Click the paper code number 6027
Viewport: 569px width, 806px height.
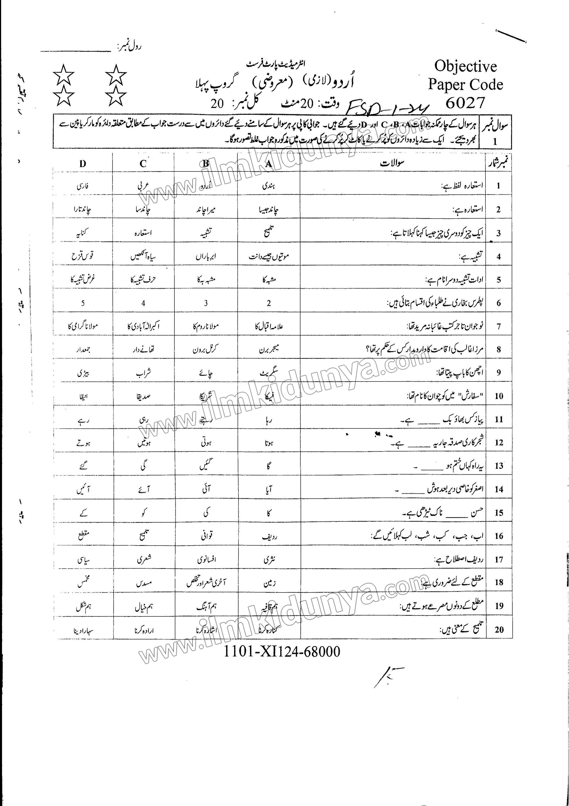pos(465,103)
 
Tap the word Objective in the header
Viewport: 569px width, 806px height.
pos(465,66)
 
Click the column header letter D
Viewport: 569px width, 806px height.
pos(82,164)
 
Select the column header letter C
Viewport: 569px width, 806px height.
pos(143,164)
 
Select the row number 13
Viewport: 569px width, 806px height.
pos(499,466)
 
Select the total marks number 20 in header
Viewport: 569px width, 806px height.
pos(217,104)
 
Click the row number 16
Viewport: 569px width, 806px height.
pos(499,536)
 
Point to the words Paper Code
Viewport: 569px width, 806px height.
pos(465,85)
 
